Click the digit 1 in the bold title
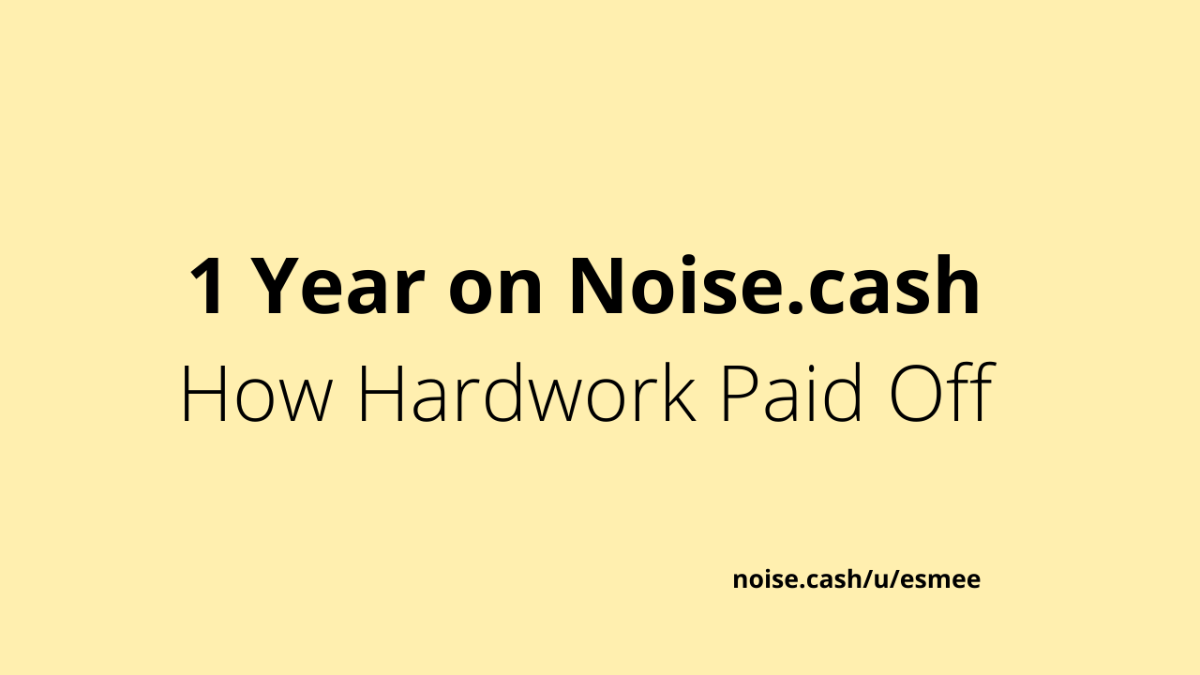click(x=207, y=286)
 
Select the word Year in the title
click(x=337, y=286)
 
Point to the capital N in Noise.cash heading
click(x=595, y=286)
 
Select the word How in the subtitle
click(x=254, y=395)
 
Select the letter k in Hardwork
click(x=680, y=392)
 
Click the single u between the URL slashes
click(x=882, y=580)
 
